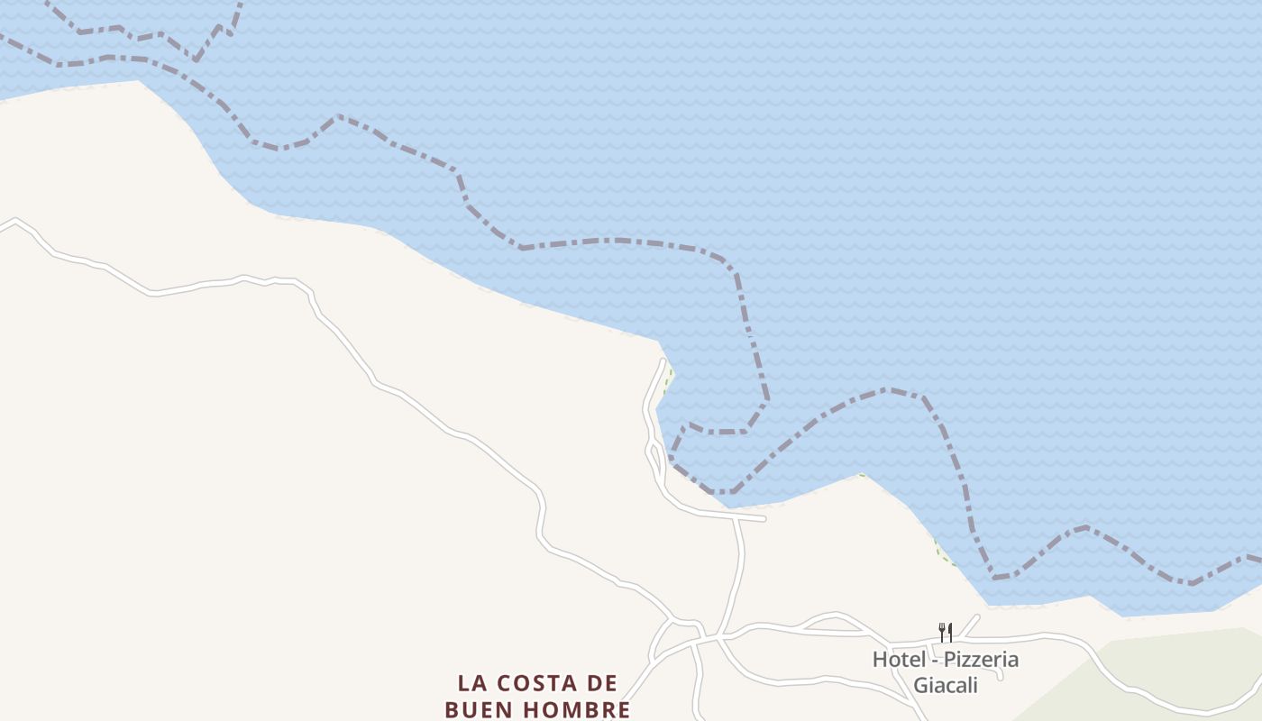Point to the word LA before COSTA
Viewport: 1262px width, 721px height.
pos(471,683)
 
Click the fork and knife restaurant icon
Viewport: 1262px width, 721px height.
pos(946,632)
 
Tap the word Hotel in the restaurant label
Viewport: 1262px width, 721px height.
pos(899,659)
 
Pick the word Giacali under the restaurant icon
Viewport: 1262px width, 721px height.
pos(946,684)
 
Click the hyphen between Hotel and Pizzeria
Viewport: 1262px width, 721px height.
pos(935,660)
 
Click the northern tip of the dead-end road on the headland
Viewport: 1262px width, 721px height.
pos(664,362)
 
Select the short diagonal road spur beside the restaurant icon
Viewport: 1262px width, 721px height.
pos(970,625)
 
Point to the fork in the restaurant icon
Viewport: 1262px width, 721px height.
pos(941,631)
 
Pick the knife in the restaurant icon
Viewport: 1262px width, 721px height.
pos(949,632)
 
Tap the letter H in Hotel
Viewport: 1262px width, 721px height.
pos(879,659)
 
